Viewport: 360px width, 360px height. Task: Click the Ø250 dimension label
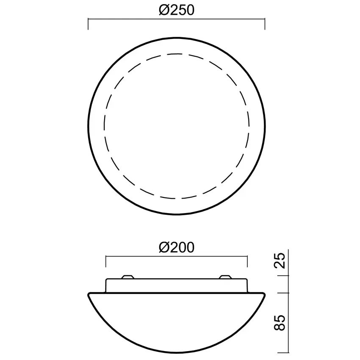[x=177, y=10]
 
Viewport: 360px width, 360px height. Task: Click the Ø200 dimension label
[x=177, y=247]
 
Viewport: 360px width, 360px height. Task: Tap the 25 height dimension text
[x=280, y=260]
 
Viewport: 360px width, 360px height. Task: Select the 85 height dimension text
[x=280, y=323]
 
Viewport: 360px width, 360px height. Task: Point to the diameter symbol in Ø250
[x=164, y=10]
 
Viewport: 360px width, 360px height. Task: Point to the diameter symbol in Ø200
[x=164, y=247]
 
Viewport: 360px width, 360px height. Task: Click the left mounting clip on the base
[x=127, y=277]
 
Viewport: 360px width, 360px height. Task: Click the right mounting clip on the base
[x=225, y=277]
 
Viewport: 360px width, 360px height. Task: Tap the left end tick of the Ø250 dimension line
[x=88, y=24]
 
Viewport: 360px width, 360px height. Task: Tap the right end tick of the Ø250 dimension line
[x=265, y=24]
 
